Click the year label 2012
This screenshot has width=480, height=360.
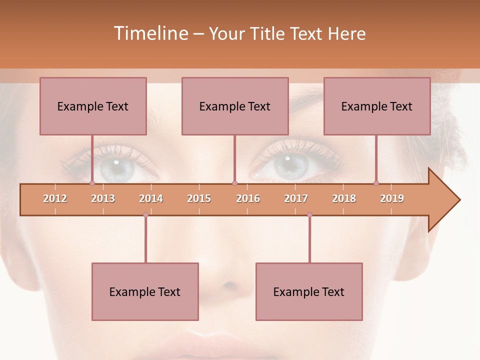click(x=55, y=198)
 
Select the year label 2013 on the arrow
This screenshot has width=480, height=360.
click(x=103, y=198)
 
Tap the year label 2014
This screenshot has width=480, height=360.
click(x=151, y=198)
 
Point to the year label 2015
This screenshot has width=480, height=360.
click(x=199, y=198)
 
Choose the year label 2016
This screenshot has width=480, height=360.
click(x=248, y=198)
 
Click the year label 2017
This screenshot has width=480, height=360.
click(x=296, y=198)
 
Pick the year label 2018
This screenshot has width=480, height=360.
click(x=344, y=198)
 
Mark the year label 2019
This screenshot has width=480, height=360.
click(x=392, y=198)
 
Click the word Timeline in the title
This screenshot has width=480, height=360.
click(x=150, y=33)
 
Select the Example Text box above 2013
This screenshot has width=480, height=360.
click(x=93, y=106)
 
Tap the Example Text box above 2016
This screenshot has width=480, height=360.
click(x=235, y=106)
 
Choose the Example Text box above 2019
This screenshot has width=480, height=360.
click(x=377, y=106)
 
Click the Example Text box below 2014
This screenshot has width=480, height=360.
click(x=145, y=291)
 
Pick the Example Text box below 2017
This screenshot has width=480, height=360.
click(x=309, y=291)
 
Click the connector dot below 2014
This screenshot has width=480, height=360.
click(x=145, y=215)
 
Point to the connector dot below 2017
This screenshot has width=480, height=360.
click(x=309, y=215)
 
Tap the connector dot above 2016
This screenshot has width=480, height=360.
click(x=234, y=183)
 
